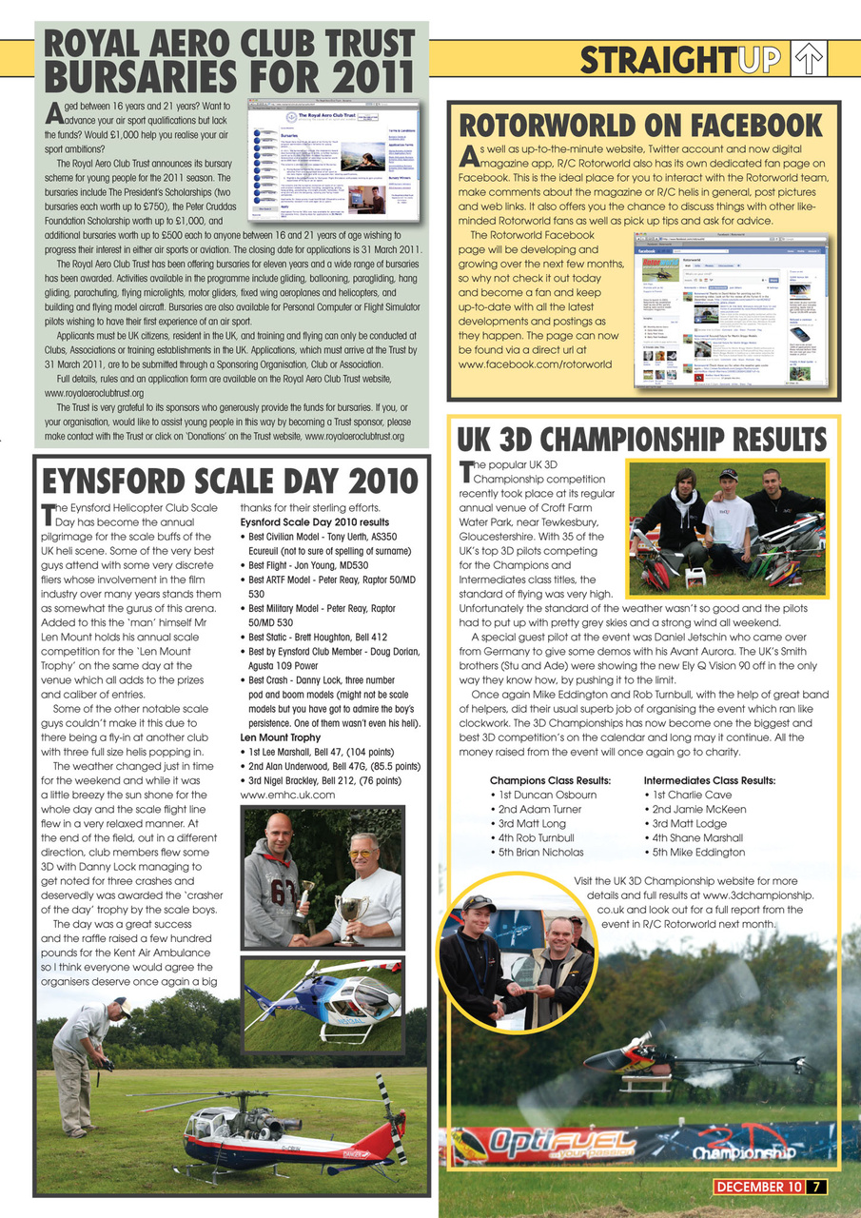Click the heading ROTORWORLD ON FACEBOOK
640,125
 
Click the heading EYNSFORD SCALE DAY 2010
228,479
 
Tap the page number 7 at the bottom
818,1186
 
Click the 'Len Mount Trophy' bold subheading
280,737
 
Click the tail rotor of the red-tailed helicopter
391,1119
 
